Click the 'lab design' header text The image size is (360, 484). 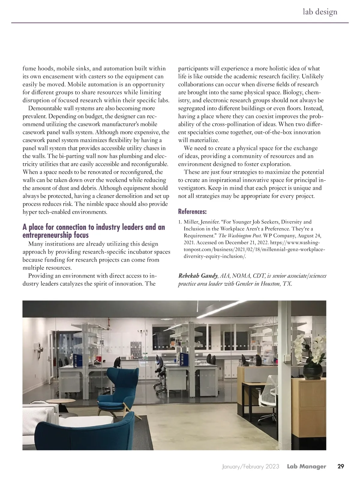(x=320, y=12)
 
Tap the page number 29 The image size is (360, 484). (x=341, y=467)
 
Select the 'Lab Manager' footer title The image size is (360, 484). (x=306, y=467)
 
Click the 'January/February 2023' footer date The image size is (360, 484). (x=250, y=467)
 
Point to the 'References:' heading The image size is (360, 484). (x=192, y=212)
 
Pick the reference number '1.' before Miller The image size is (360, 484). (x=180, y=222)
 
